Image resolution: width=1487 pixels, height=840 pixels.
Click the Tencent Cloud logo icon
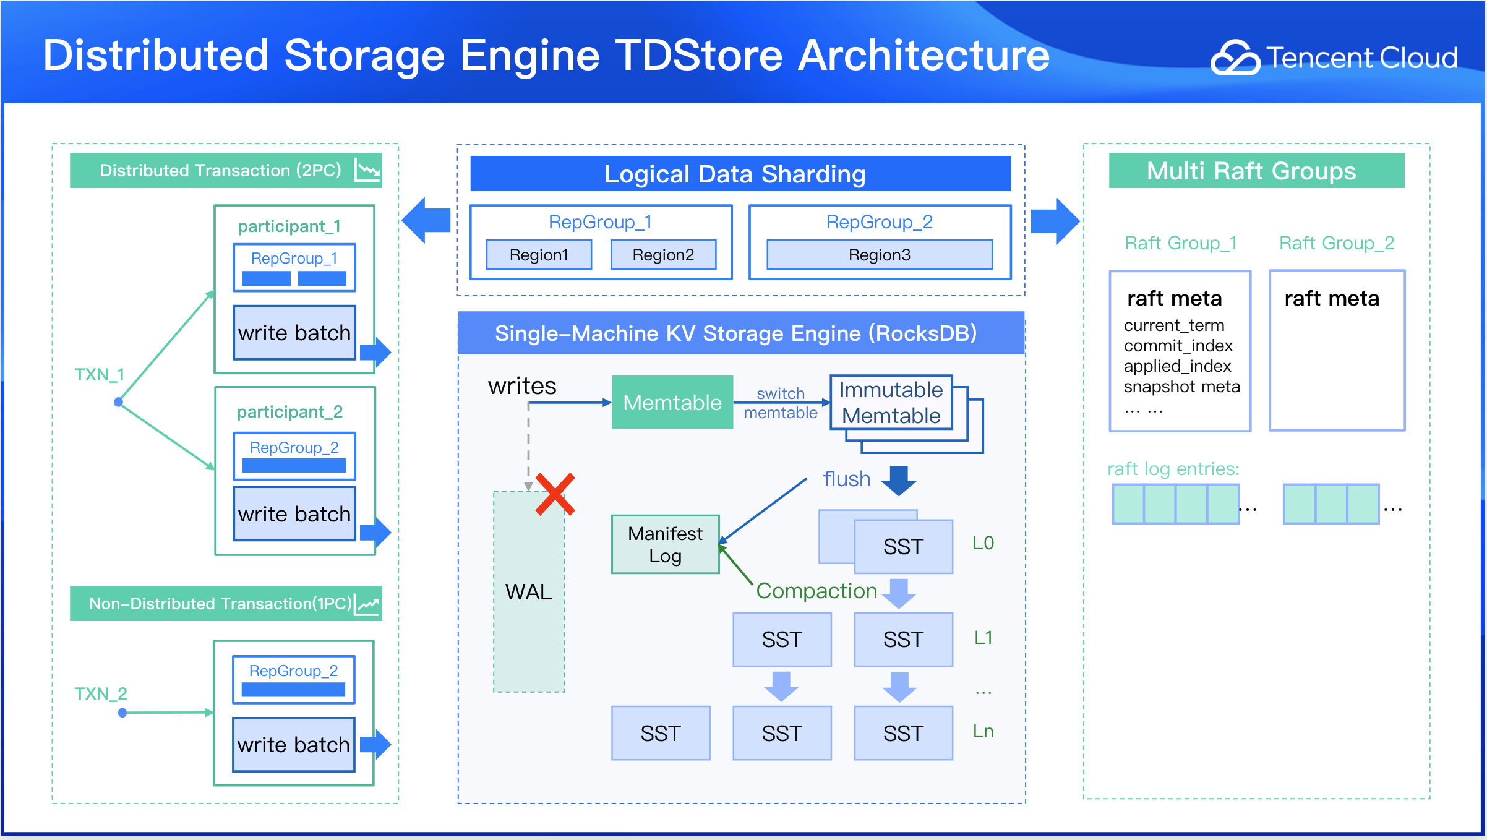coord(1235,58)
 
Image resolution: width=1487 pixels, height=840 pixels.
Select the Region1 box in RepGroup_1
coord(539,255)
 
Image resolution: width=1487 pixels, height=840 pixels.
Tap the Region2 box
coord(663,255)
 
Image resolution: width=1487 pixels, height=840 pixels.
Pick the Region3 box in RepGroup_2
coord(879,255)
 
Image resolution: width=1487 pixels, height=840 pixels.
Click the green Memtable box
coord(672,403)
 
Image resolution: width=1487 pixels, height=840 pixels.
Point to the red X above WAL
coord(555,494)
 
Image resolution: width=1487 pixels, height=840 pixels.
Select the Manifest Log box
coord(665,544)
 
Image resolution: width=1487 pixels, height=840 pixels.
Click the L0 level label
coord(983,543)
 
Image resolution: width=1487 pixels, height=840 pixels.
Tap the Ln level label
coord(983,731)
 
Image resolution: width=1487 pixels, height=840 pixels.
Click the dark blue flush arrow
coord(899,480)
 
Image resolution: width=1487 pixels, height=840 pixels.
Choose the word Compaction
coord(816,591)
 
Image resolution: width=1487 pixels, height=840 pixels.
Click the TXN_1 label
coord(100,374)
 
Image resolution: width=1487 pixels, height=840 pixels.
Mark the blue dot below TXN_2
coord(122,713)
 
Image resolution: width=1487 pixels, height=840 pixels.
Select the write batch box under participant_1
coord(294,333)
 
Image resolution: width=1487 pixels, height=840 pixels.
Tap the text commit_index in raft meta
coord(1178,345)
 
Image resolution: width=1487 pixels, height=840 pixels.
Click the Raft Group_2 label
coord(1336,243)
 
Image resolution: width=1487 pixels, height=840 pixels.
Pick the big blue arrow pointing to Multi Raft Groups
coord(1055,221)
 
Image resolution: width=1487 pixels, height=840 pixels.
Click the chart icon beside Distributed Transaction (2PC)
coord(367,170)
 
